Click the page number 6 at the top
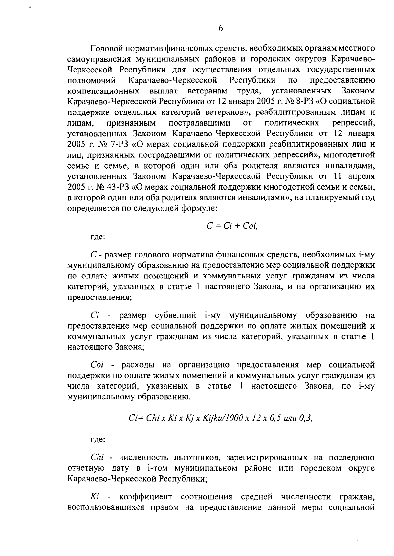pos(220,29)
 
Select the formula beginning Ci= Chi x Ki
pos(220,418)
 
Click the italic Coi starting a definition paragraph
pos(97,365)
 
